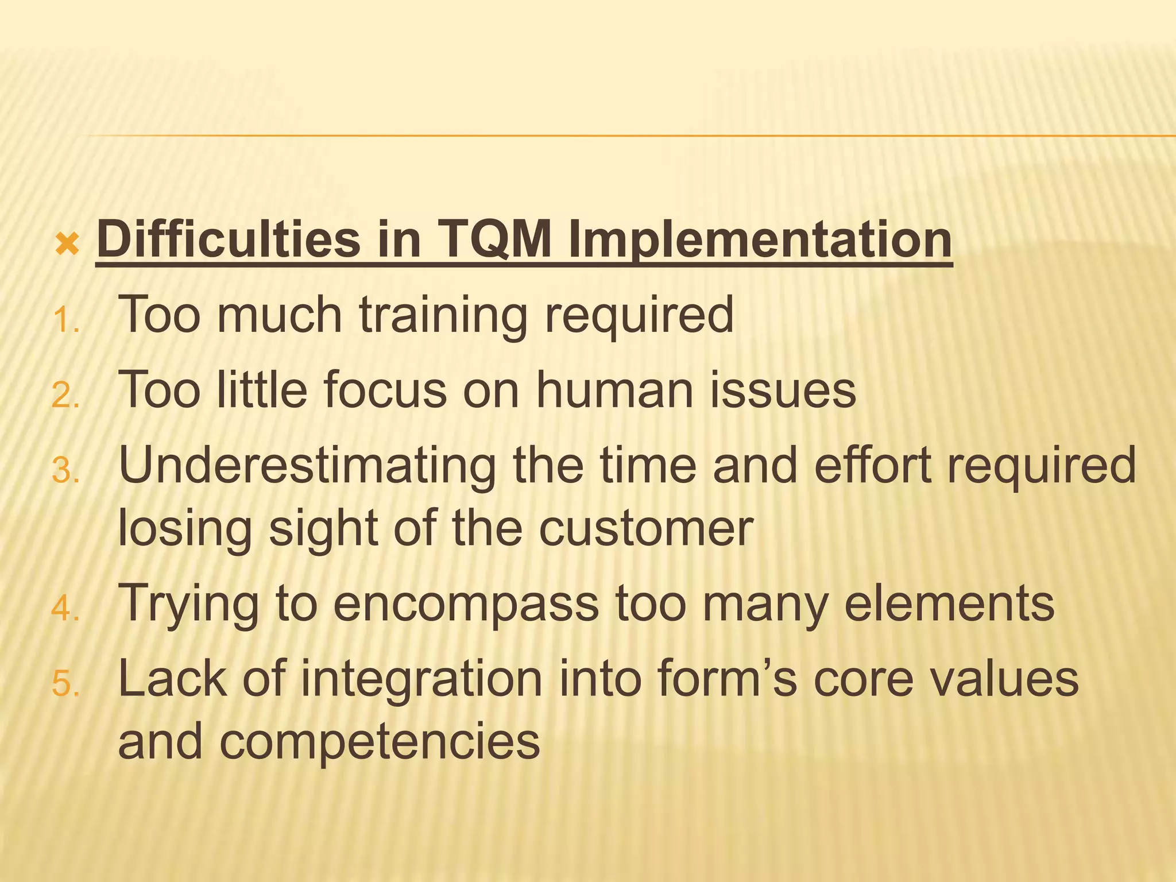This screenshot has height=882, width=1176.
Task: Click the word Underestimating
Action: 307,465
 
